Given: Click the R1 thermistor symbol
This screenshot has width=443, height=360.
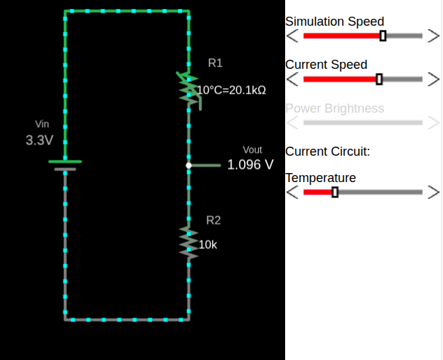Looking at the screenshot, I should click(x=188, y=88).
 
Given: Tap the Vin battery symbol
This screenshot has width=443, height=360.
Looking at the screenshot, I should click(x=65, y=165).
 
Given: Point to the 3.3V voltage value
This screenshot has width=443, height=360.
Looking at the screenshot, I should click(x=40, y=140).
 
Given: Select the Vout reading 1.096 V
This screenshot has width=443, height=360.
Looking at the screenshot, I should click(x=250, y=165).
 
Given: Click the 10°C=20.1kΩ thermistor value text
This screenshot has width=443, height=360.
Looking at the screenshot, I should click(x=232, y=90).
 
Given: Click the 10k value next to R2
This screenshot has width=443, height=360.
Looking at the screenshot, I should click(x=208, y=245).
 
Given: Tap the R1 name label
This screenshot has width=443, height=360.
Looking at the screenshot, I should click(x=216, y=63).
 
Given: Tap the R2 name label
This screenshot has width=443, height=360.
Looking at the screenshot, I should click(x=214, y=220).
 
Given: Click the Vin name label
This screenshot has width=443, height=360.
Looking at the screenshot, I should click(x=42, y=124).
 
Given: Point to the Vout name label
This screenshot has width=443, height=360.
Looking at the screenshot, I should click(x=252, y=149).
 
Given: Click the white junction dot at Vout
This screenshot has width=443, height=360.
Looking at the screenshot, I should click(x=188, y=165).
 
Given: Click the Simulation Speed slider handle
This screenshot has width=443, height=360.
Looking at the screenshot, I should click(x=383, y=36).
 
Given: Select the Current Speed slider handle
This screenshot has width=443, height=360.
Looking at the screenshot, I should click(x=379, y=79).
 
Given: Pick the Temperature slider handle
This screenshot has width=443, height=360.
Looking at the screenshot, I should click(x=335, y=192).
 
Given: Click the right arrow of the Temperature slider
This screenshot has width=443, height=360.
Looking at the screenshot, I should click(x=433, y=192).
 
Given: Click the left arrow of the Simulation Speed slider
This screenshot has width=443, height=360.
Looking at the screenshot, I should click(x=293, y=36).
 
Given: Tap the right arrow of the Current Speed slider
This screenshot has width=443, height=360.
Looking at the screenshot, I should click(x=433, y=79).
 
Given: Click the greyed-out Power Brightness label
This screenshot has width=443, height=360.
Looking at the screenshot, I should click(x=335, y=108).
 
